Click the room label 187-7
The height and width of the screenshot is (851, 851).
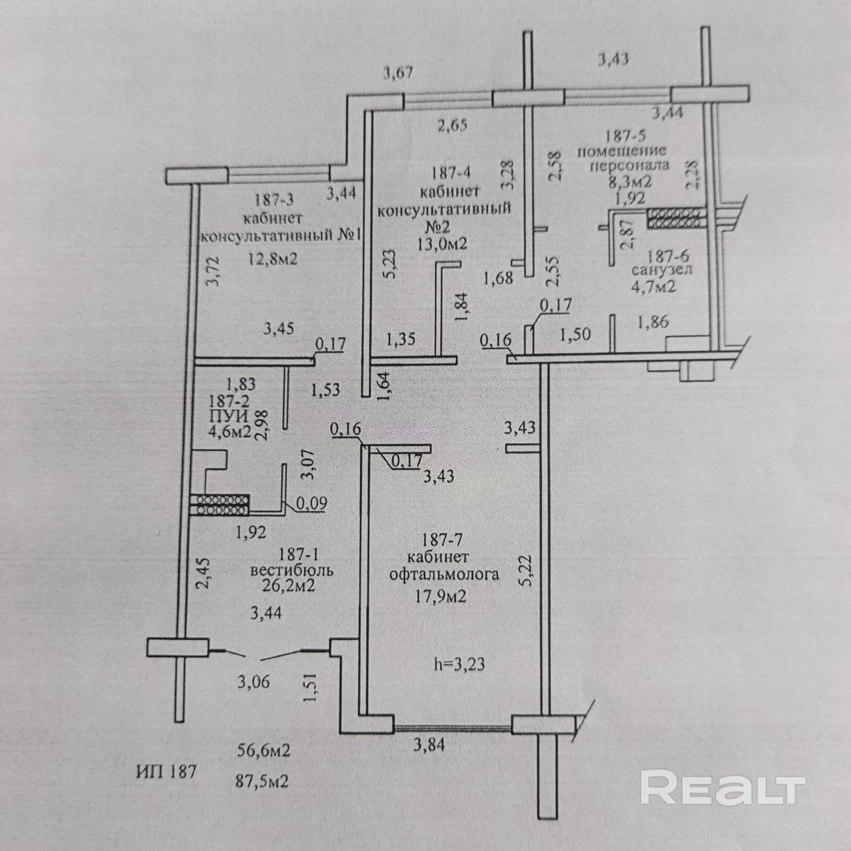441,540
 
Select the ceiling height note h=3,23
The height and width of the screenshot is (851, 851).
459,664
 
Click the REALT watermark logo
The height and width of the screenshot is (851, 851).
723,788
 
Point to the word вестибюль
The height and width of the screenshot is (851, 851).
292,571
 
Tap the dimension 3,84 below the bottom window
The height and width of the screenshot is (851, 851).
429,745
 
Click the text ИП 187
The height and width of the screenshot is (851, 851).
166,771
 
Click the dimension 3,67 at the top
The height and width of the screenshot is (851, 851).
398,72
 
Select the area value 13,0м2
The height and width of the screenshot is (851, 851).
443,244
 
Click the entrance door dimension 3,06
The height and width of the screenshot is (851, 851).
254,681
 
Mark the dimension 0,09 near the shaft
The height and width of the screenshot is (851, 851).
312,503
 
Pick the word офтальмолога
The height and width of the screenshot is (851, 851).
444,574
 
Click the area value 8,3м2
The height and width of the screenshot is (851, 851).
630,181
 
